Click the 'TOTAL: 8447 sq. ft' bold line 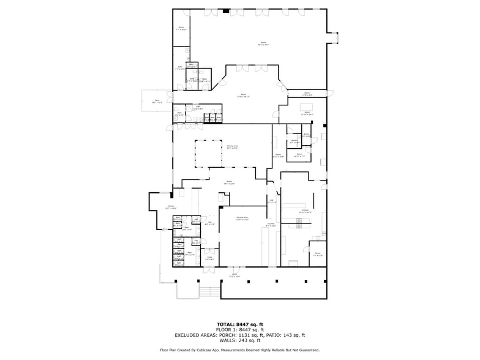tap(239, 324)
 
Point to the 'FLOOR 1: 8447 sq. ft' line tap(239, 329)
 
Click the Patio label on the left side tap(157, 101)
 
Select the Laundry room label tap(294, 141)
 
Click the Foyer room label tap(209, 258)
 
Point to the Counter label tap(271, 225)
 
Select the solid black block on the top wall tap(227, 10)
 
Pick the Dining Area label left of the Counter tap(242, 218)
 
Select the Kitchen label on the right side tap(305, 211)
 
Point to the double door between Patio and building tap(173, 99)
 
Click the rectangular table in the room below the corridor tap(305, 108)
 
